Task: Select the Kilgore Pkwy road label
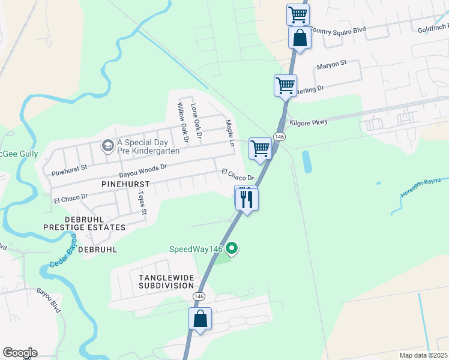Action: [x=309, y=122]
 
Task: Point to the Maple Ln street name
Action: [x=229, y=133]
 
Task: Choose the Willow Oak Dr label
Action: [x=182, y=122]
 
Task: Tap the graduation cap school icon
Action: [x=107, y=146]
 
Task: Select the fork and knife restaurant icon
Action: [x=247, y=198]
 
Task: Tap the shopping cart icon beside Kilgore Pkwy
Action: [x=260, y=148]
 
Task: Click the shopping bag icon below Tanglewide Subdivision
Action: [x=200, y=318]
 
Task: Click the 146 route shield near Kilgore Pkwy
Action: [x=279, y=137]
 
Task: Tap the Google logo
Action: [x=20, y=353]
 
